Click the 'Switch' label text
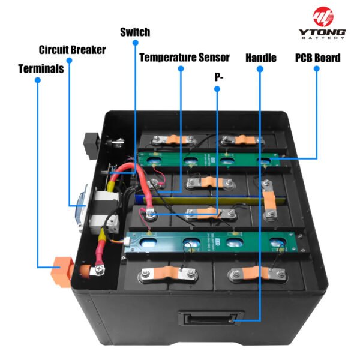[135, 32]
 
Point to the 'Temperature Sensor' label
[184, 58]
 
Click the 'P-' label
[218, 77]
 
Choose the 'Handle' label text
[261, 58]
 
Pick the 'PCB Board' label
[317, 58]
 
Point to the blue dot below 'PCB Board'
[317, 69]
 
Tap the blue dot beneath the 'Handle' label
[260, 69]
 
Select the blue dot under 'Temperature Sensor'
[180, 69]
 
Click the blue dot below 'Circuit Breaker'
[70, 61]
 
